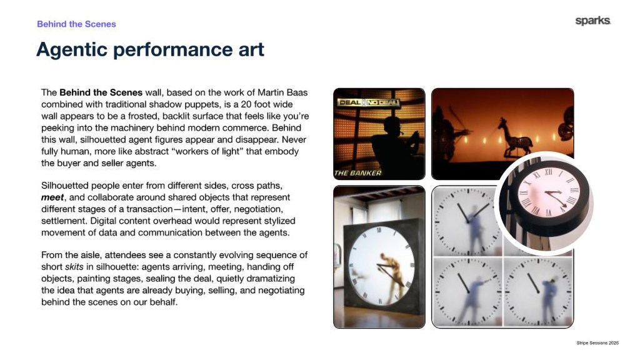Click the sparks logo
tap(592, 21)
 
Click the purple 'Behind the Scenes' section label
tap(76, 24)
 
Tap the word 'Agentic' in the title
tap(71, 50)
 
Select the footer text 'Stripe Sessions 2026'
tap(597, 343)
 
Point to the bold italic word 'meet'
tap(52, 197)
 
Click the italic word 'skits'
tap(74, 267)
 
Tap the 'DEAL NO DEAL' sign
tap(368, 102)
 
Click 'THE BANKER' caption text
tap(357, 173)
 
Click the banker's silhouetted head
tap(392, 126)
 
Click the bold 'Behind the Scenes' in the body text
tap(101, 92)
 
